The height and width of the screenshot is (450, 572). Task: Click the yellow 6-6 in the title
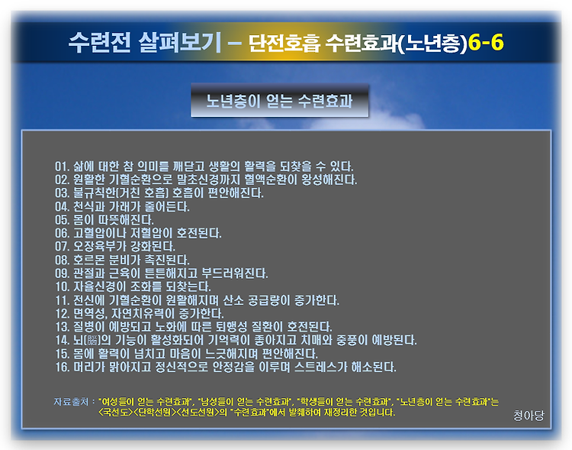tap(485, 43)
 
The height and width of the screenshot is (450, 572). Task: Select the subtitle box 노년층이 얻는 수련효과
tap(279, 101)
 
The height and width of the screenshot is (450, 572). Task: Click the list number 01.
tap(62, 167)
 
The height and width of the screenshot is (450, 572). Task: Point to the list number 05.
tap(62, 220)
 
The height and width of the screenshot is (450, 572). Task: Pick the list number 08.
tap(62, 260)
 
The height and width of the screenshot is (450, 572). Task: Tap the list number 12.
tap(62, 314)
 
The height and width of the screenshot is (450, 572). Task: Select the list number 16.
tap(62, 367)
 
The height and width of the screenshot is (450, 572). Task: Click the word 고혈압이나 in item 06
tap(99, 233)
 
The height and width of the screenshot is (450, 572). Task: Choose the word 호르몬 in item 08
tap(89, 260)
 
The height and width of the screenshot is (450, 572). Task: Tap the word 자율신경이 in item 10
tap(100, 287)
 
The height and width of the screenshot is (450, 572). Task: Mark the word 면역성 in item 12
tap(89, 314)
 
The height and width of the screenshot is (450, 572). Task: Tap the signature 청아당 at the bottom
tap(529, 416)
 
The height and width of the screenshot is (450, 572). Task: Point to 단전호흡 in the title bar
tap(284, 43)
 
